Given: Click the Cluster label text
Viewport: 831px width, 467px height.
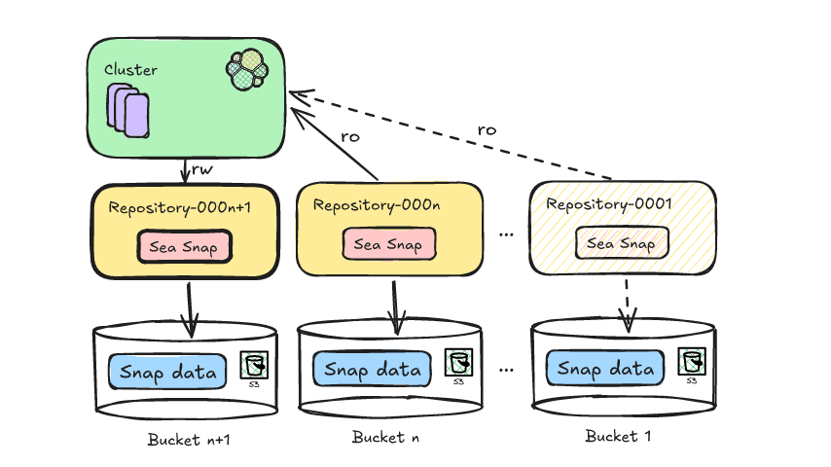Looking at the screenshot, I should coord(130,70).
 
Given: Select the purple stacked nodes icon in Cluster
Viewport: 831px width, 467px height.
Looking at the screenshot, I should coord(127,108).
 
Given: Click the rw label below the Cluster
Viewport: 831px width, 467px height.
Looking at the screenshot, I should coord(201,169).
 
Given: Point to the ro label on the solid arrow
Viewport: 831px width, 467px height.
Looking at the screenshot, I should coord(349,136).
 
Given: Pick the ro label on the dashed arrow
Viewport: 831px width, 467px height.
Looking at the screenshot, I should coord(488,129).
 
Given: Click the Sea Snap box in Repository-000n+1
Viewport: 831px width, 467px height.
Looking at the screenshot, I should coord(184,247).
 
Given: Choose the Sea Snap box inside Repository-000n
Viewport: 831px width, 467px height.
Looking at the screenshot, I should coord(388,244).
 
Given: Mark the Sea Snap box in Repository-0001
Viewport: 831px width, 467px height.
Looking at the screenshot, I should coord(622,243).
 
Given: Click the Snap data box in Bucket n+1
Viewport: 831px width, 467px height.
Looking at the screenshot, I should coord(167,371).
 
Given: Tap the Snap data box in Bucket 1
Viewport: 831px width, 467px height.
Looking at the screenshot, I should coord(605,369).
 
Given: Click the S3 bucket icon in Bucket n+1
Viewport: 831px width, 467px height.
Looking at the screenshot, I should coord(255,367).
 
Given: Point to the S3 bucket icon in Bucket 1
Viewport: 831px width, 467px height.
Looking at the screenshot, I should coord(691,363).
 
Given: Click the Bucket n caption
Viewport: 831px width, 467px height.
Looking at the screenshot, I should coord(385,437).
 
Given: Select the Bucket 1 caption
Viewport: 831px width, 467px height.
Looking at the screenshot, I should coord(618,436).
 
